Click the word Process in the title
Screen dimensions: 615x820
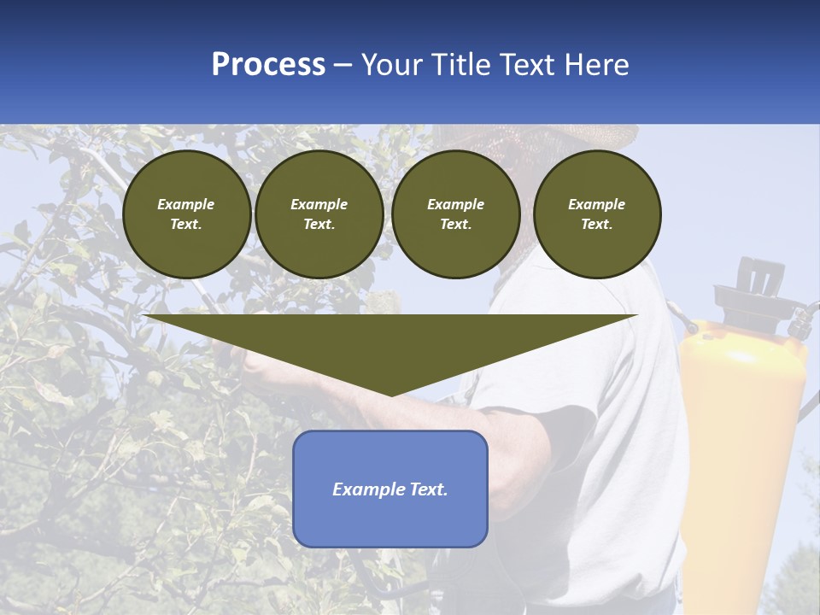(268, 65)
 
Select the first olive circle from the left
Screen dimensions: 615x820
(186, 214)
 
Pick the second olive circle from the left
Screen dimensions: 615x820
(319, 214)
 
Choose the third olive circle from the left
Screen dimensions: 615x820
(455, 214)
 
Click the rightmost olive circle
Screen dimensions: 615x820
(596, 214)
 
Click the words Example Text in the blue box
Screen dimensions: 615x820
(390, 489)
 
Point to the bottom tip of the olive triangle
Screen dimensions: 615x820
(391, 395)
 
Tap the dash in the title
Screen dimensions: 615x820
(343, 65)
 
